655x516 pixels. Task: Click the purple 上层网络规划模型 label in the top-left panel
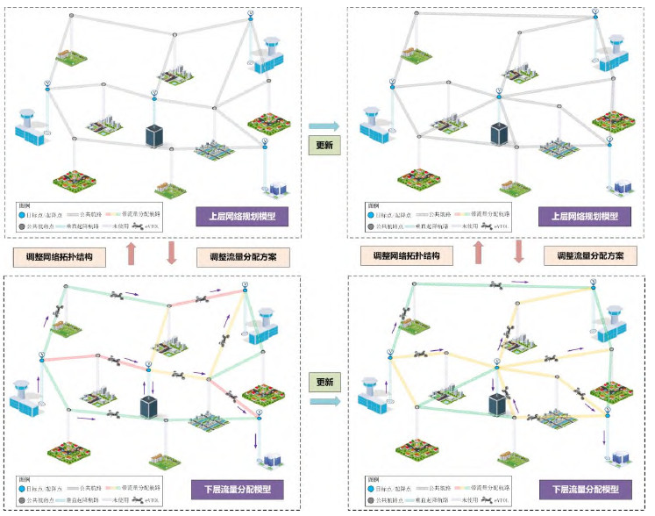point(248,215)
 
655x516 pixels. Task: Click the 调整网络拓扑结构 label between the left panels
point(66,257)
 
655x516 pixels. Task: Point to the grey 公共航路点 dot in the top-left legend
point(21,226)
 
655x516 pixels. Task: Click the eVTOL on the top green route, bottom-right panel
point(496,285)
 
